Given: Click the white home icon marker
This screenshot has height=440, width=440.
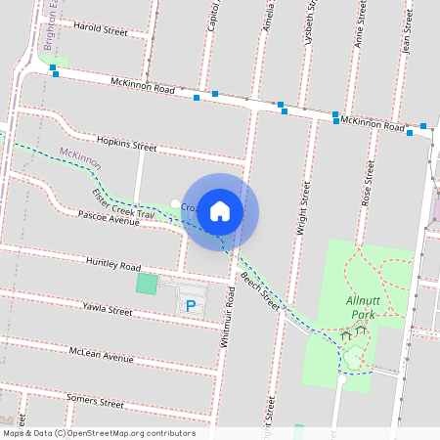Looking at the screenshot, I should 220,210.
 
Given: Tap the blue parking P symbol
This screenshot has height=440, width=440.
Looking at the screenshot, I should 191,306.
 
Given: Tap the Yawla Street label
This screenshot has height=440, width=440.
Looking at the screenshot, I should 107,310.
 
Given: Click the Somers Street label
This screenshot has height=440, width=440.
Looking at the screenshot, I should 95,402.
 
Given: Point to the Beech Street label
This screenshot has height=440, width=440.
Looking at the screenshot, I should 260,293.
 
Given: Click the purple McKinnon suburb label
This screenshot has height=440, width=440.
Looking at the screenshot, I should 80,154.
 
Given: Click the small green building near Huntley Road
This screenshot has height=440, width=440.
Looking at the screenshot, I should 147,285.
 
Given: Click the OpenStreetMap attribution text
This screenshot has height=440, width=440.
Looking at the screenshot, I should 99,433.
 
